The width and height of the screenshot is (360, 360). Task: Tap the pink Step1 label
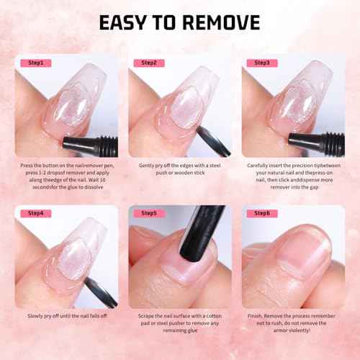pyautogui.click(x=35, y=63)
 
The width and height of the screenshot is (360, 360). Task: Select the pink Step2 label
pyautogui.click(x=149, y=63)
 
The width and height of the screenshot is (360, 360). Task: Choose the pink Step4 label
pyautogui.click(x=35, y=213)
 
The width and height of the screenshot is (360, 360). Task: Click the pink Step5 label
pyautogui.click(x=149, y=213)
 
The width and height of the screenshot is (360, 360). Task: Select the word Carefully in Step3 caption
pyautogui.click(x=260, y=165)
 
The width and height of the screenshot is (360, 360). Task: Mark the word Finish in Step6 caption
pyautogui.click(x=256, y=315)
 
